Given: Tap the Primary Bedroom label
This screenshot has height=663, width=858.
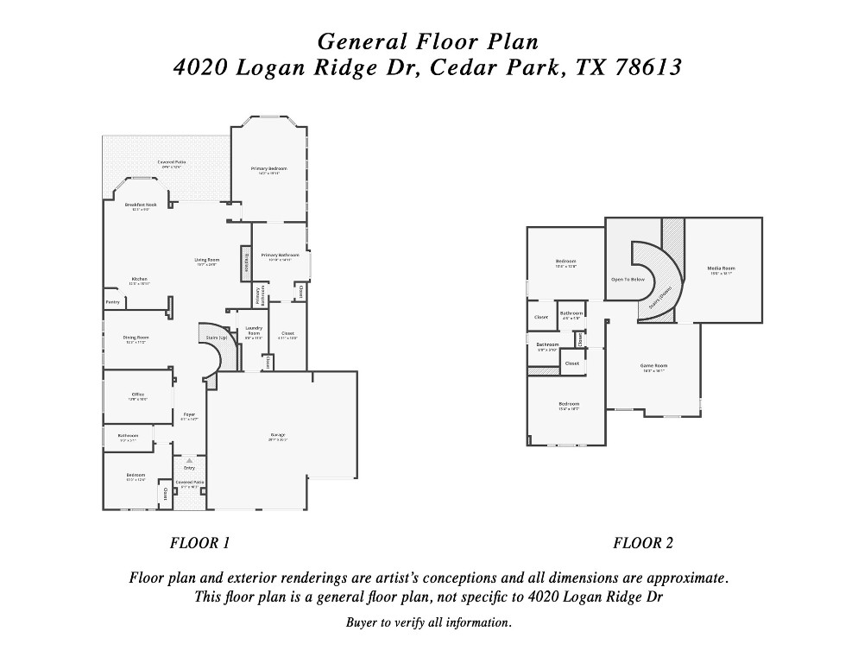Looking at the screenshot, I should tap(268, 168).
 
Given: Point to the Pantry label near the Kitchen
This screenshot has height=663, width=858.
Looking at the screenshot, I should tap(112, 302).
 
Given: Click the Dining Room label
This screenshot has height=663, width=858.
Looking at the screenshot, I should tap(136, 338).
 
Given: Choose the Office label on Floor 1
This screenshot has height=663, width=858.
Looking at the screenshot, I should tap(137, 395).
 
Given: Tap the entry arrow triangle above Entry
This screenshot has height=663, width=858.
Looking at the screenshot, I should tap(189, 461).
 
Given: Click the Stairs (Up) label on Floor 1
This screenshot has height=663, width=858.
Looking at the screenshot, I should tap(217, 338).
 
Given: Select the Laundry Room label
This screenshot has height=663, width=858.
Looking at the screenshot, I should tap(253, 330).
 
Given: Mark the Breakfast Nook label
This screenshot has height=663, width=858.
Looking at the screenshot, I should tap(140, 205).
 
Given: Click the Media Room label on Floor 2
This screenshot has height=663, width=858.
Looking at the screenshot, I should tap(721, 268).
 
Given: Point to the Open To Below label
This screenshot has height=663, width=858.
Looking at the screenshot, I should tap(628, 280).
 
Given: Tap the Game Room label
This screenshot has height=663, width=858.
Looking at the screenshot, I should tap(653, 365).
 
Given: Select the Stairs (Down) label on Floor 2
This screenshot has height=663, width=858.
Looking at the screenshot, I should tap(660, 298).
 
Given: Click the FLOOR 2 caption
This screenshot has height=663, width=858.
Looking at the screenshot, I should tap(643, 543).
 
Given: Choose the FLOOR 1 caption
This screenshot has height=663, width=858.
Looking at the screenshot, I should tap(199, 543).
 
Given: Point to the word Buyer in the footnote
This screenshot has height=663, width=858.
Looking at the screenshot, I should tap(363, 622).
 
